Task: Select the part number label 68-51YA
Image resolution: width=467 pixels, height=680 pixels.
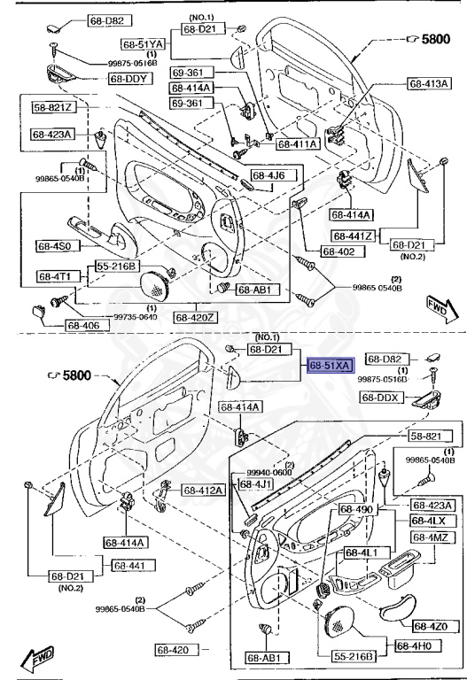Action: [144, 43]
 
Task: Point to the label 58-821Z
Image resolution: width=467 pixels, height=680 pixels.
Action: [54, 108]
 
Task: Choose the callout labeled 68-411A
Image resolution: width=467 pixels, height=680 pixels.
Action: [298, 143]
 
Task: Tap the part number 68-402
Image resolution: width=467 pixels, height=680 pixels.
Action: [339, 251]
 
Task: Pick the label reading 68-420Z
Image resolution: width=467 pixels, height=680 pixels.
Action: [197, 316]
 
